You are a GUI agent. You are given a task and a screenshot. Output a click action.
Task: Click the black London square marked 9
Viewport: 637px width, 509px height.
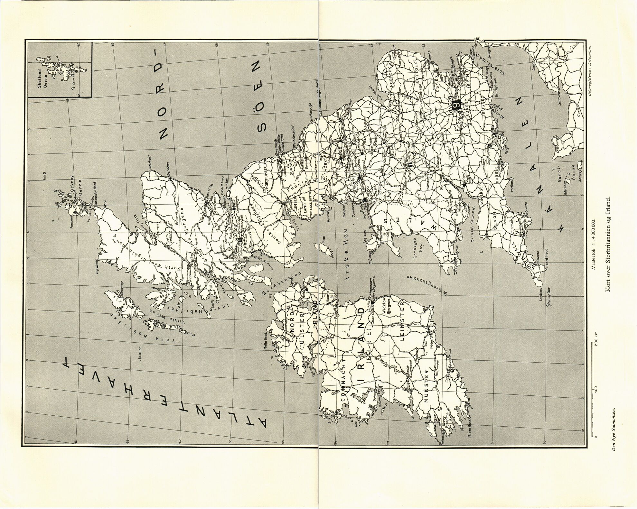456,105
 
